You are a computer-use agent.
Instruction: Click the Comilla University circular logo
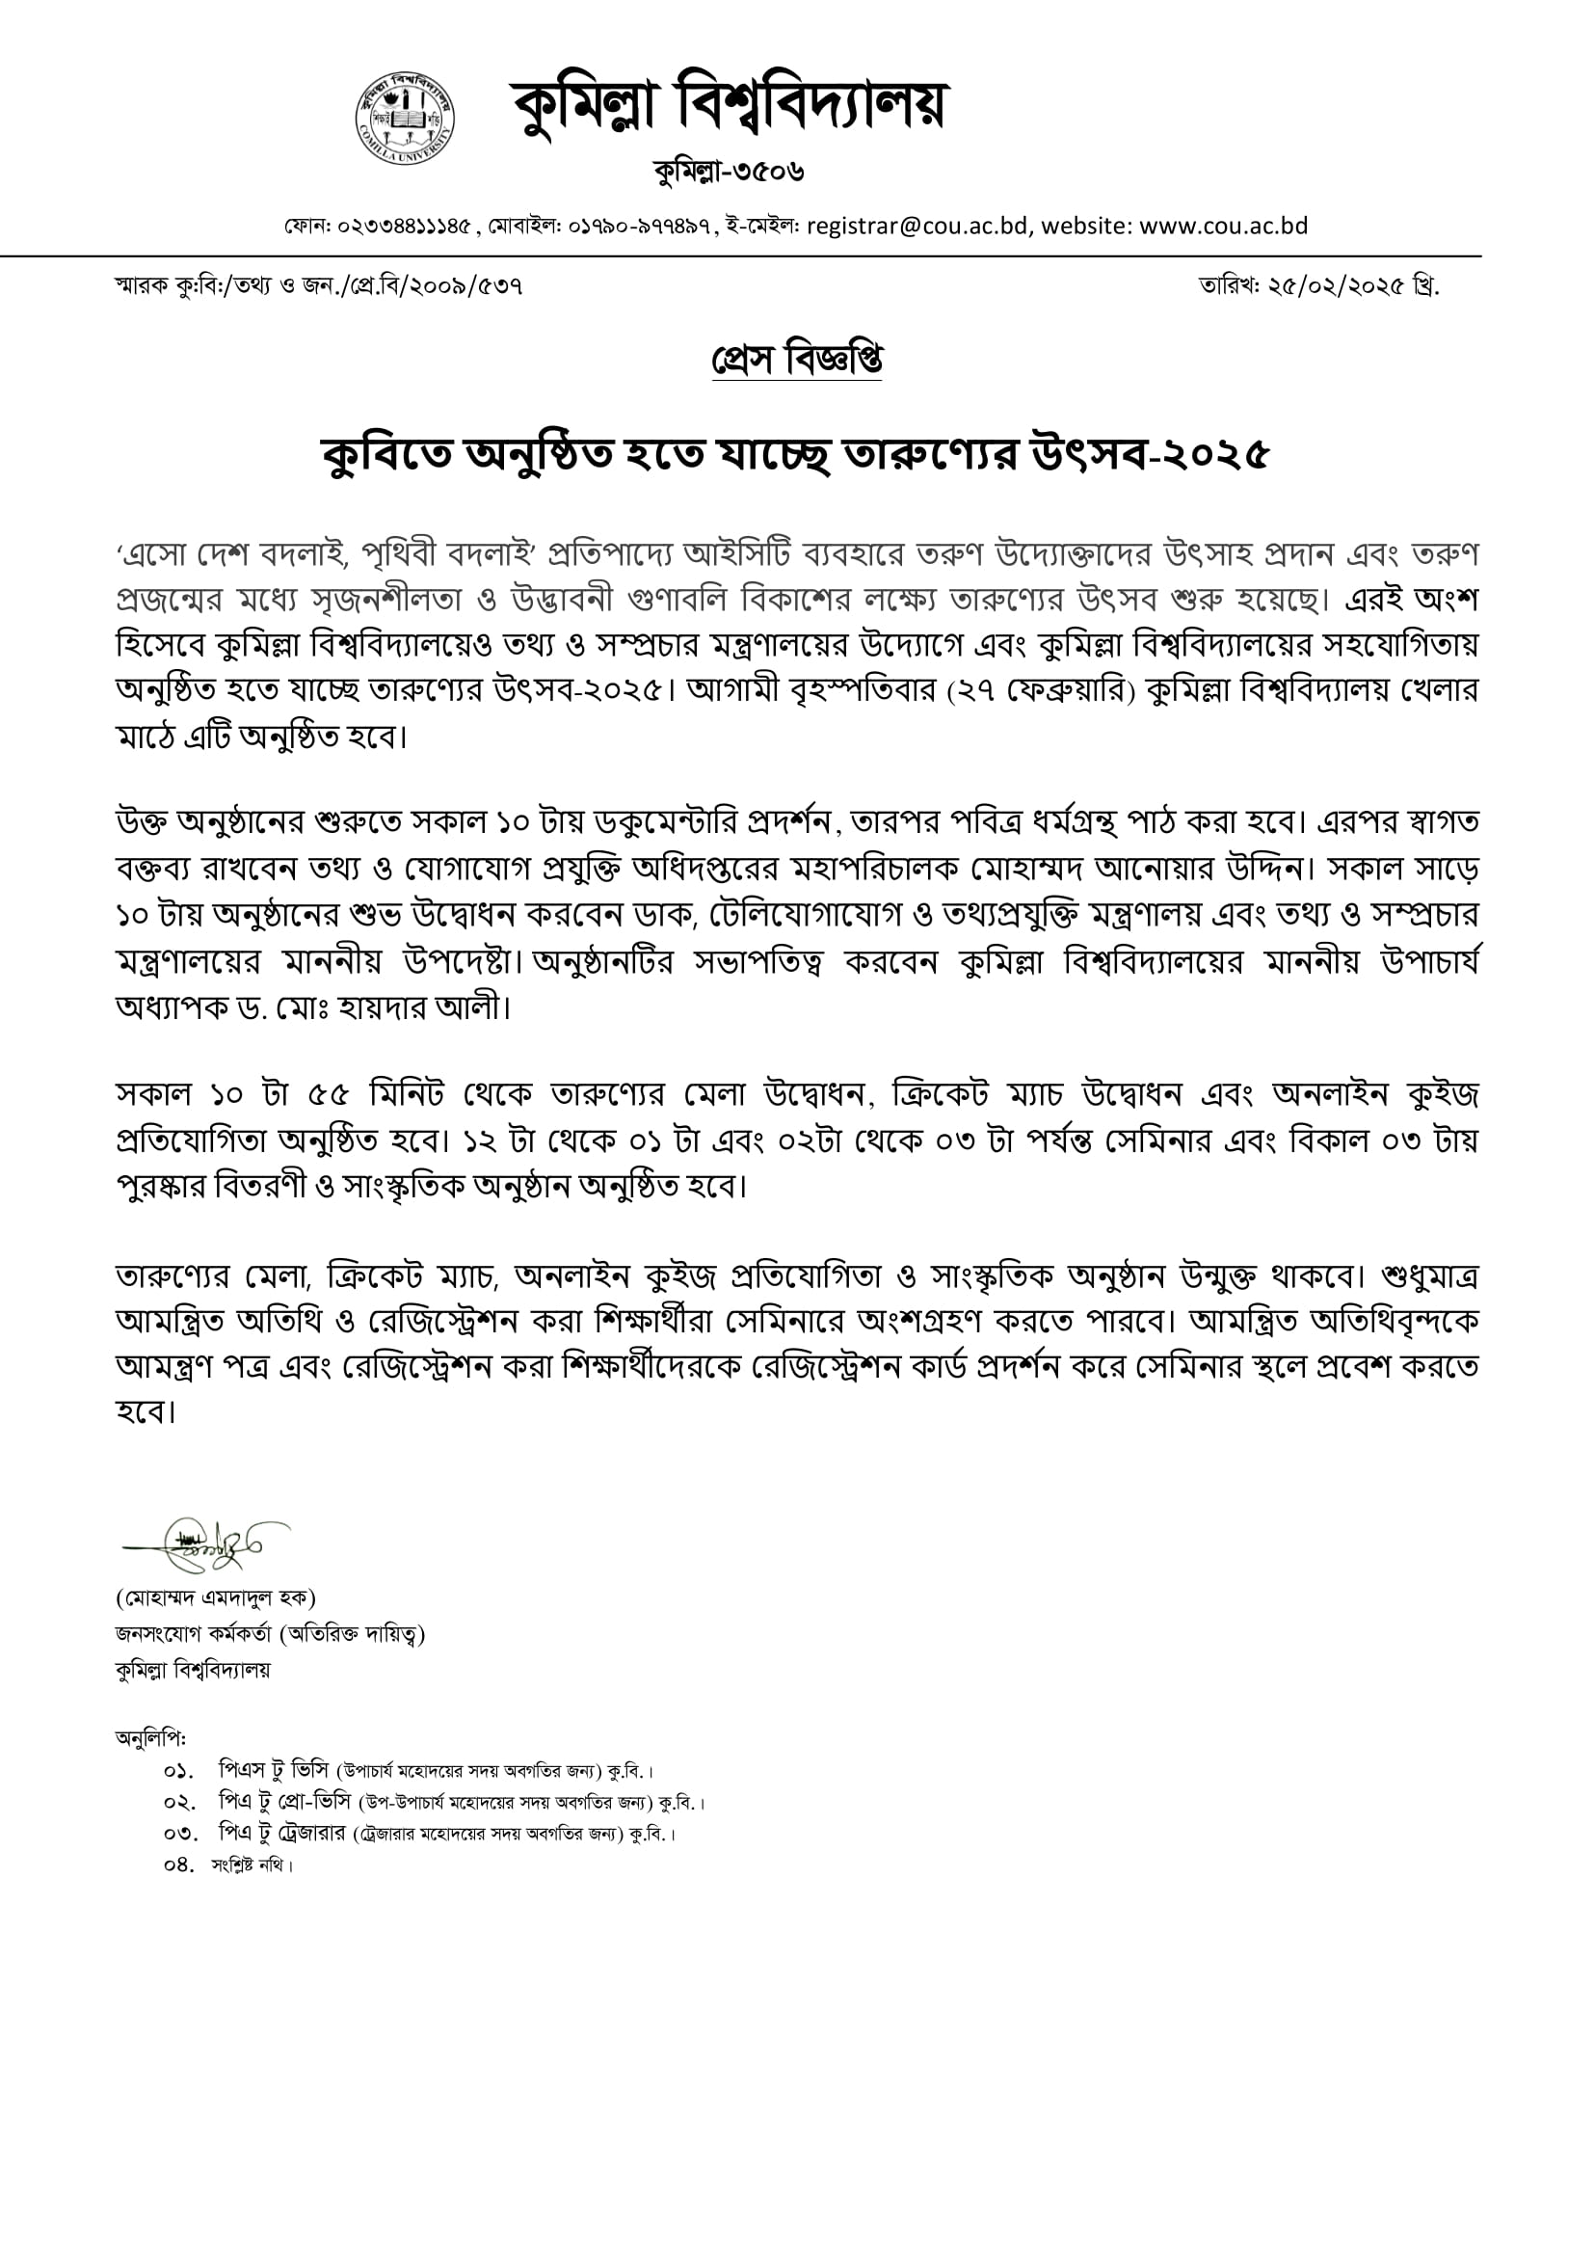405,119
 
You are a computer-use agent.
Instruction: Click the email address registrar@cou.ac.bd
917,226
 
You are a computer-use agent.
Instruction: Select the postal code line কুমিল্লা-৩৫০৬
729,172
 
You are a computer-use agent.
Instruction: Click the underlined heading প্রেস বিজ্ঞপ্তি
796,361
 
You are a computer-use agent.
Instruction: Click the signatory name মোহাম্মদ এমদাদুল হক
215,1598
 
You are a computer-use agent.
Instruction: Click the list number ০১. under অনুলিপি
177,1772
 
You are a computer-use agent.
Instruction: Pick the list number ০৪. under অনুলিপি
178,1865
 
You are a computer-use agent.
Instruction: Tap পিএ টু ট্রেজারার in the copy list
282,1833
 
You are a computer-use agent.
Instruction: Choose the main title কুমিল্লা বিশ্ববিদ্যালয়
729,106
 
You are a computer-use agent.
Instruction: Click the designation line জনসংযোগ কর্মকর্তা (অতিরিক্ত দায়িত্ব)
270,1633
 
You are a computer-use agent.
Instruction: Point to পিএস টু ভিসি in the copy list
274,1771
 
